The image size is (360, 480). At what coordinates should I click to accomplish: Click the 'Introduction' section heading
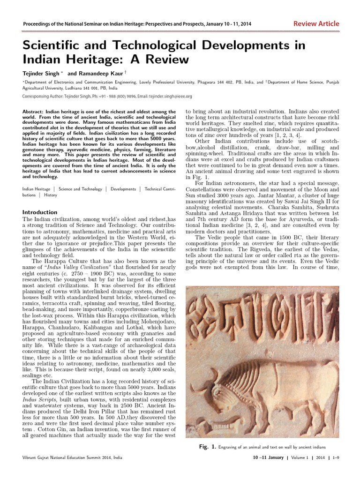click(x=40, y=212)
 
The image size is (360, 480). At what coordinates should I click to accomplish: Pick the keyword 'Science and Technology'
click(x=80, y=189)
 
